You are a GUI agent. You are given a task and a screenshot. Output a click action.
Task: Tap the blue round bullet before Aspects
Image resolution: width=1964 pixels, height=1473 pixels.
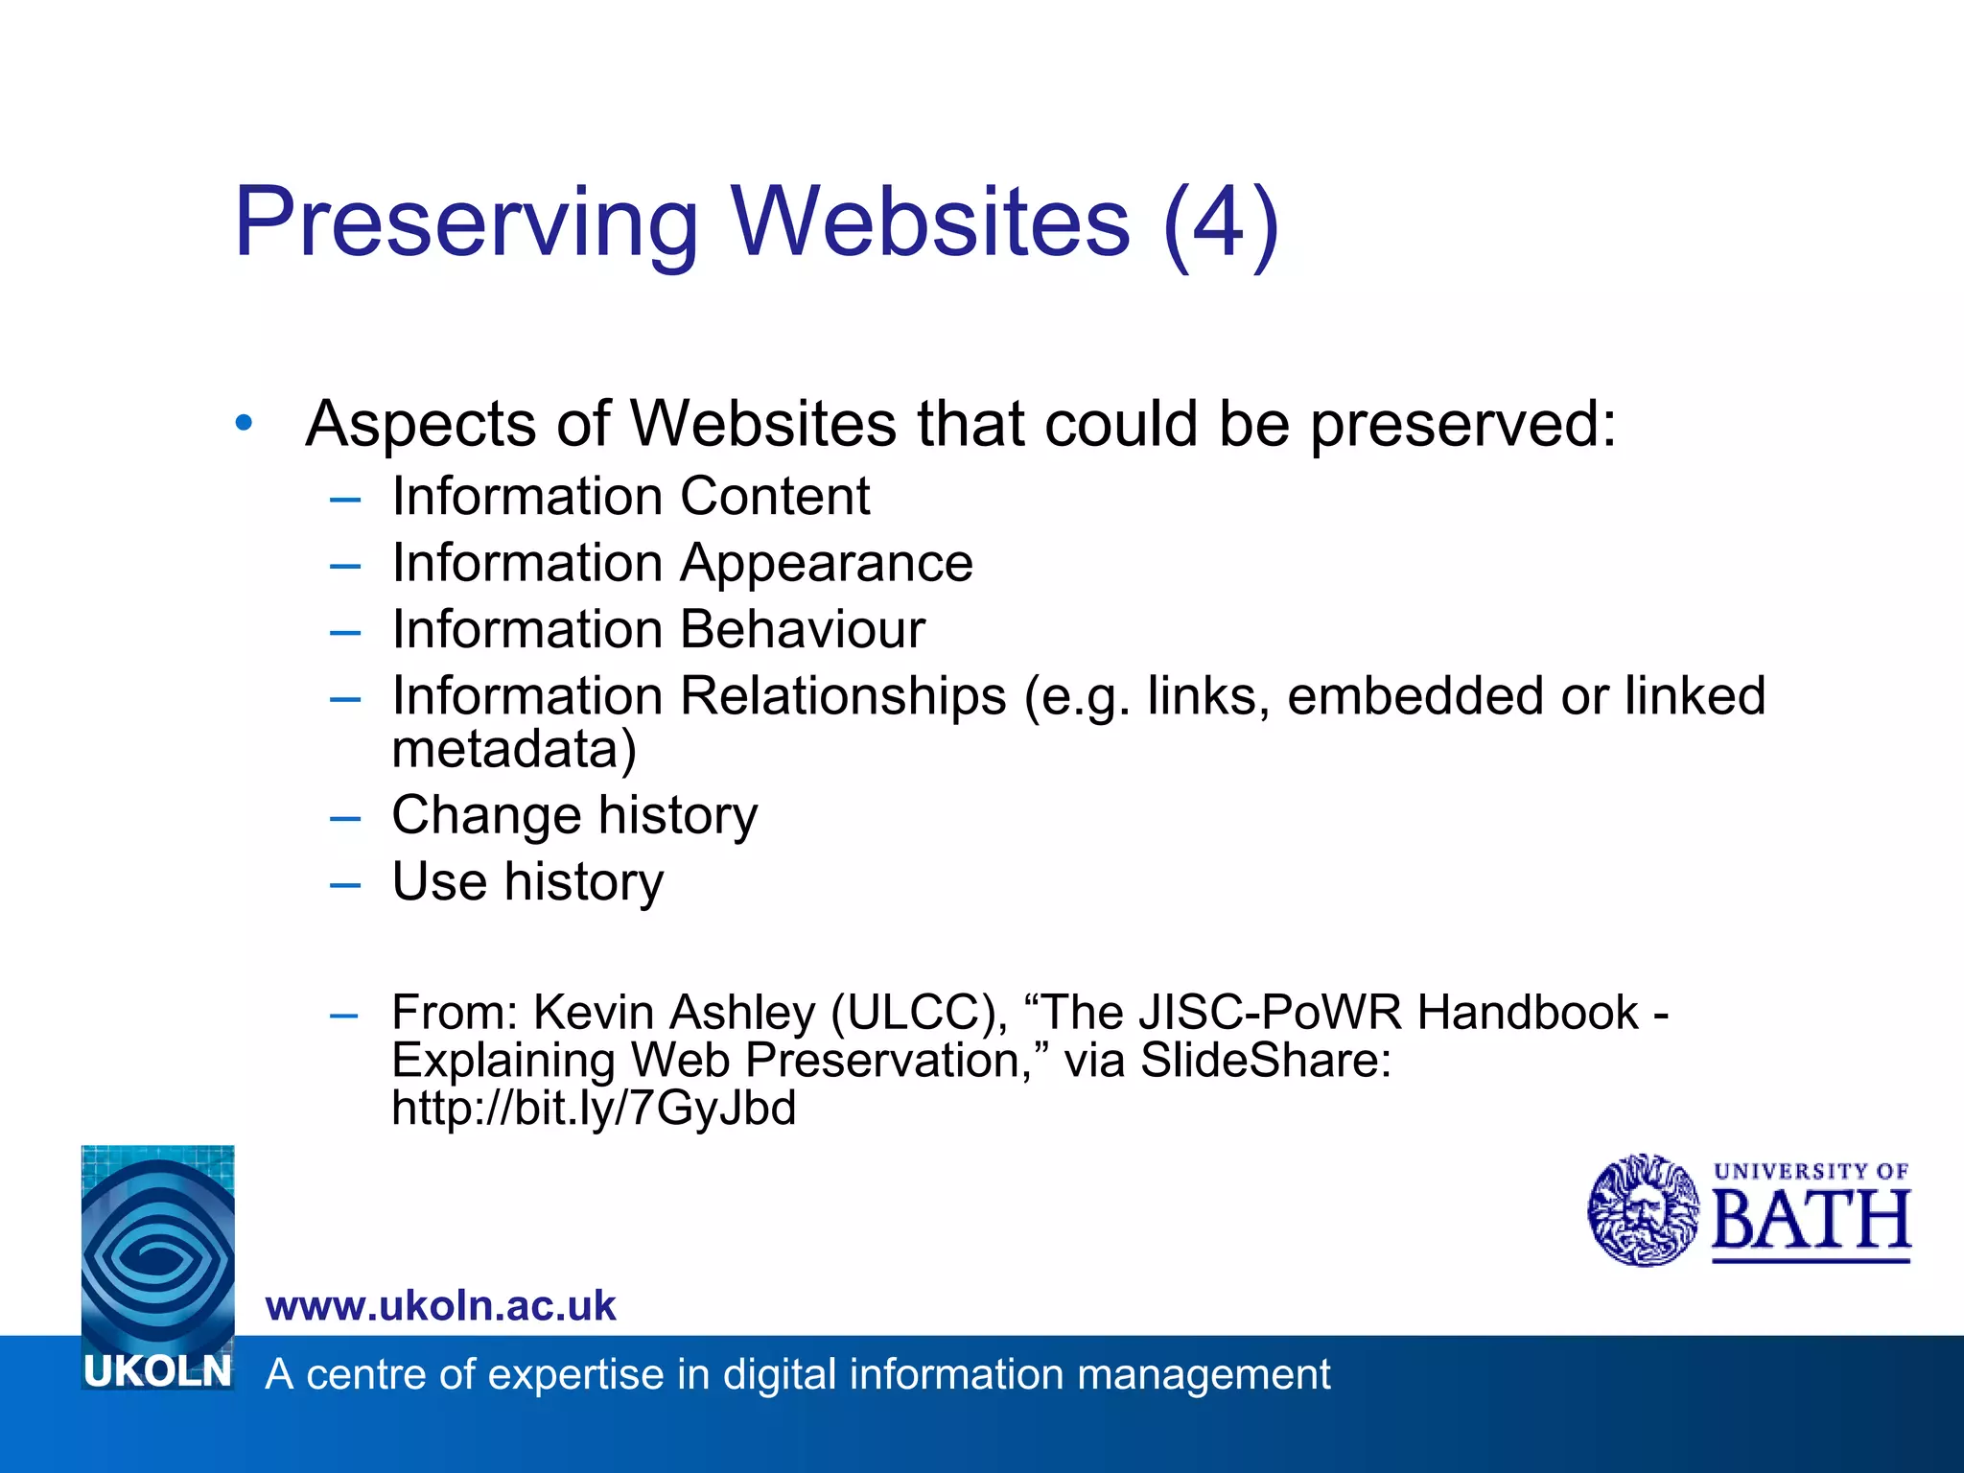pyautogui.click(x=245, y=422)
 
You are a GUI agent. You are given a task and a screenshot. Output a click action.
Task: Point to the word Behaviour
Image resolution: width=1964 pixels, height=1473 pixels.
pyautogui.click(x=802, y=630)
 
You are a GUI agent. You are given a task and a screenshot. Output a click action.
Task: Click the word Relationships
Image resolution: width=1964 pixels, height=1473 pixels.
pyautogui.click(x=843, y=696)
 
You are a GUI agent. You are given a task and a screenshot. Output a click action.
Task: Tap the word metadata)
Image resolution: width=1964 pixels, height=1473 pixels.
pyautogui.click(x=514, y=750)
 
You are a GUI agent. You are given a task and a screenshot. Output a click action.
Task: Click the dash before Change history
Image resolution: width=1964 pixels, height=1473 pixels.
pyautogui.click(x=344, y=818)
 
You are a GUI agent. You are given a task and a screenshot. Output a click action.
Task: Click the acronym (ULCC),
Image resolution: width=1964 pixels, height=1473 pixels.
pyautogui.click(x=920, y=1013)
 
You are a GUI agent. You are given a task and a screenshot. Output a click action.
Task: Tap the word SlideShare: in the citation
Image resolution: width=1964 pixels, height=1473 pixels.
pyautogui.click(x=1265, y=1061)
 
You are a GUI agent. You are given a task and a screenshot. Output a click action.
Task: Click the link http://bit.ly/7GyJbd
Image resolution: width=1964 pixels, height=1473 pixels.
pyautogui.click(x=594, y=1109)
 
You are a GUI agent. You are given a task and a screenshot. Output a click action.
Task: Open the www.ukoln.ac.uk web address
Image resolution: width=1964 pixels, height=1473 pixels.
pyautogui.click(x=440, y=1306)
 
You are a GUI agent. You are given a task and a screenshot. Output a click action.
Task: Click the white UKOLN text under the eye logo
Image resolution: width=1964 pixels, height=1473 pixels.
pyautogui.click(x=158, y=1372)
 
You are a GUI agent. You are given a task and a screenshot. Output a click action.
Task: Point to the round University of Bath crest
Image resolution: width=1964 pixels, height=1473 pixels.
pyautogui.click(x=1643, y=1210)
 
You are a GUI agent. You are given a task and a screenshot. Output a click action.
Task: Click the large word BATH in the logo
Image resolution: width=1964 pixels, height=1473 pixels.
pyautogui.click(x=1811, y=1221)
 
